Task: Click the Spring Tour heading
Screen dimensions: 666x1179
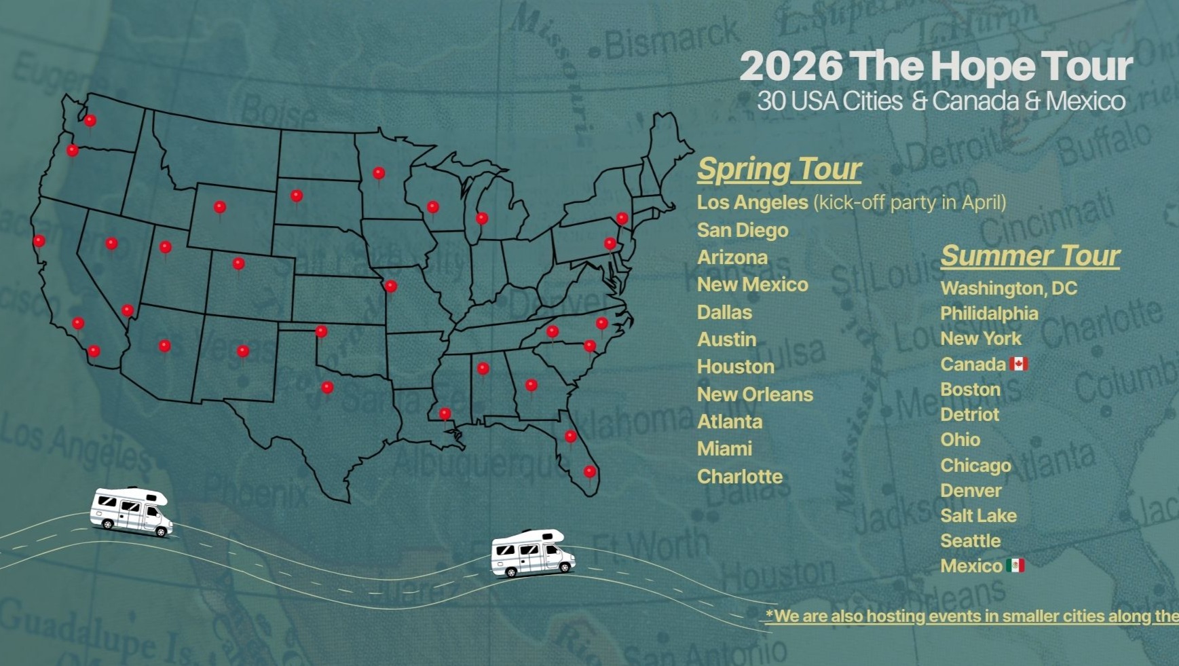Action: (779, 169)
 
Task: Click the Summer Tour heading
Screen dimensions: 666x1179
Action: (1030, 256)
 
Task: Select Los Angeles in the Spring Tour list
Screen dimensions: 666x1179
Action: (752, 202)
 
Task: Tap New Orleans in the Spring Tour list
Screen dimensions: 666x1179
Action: (755, 394)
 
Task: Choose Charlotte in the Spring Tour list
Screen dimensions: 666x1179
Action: (740, 477)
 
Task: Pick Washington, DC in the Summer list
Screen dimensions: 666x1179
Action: (1009, 289)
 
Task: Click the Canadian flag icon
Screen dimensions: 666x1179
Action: (1018, 364)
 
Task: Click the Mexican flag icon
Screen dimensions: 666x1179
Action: (1015, 566)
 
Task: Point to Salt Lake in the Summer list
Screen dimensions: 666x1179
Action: (978, 516)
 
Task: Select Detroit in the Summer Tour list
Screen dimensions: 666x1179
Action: (969, 415)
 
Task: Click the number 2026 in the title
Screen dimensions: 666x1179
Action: (791, 67)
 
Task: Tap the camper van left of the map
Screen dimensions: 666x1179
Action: (131, 512)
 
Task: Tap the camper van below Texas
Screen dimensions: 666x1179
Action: (533, 553)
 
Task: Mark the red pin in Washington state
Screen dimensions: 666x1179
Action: (90, 121)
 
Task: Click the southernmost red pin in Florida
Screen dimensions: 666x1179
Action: (590, 471)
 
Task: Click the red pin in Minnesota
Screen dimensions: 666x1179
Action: (379, 173)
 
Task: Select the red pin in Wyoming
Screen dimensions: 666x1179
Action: (219, 207)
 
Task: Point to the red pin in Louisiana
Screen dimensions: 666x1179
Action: (445, 413)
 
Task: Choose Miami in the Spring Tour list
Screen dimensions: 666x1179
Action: (724, 449)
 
